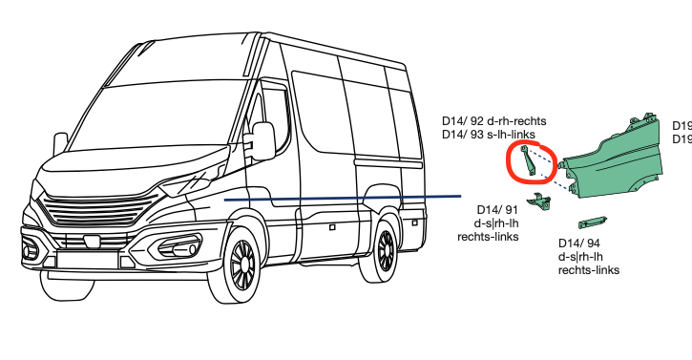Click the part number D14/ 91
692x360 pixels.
[x=496, y=210]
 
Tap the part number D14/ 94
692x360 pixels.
[x=579, y=244]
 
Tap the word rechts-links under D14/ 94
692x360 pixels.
[x=588, y=270]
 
